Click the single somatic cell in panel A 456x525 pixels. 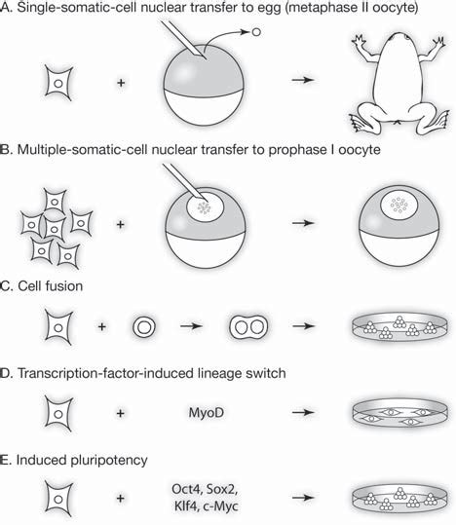(59, 84)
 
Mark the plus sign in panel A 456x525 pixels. (121, 85)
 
